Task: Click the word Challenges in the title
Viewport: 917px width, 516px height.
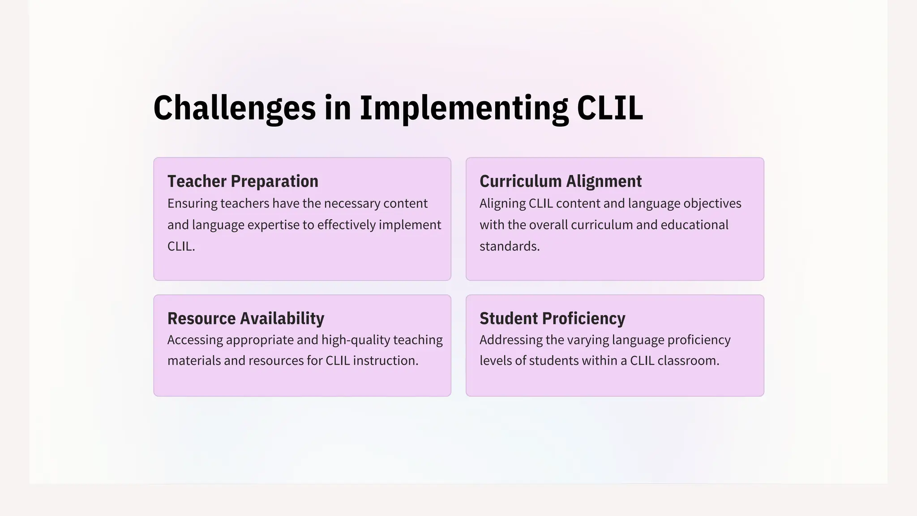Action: pyautogui.click(x=235, y=108)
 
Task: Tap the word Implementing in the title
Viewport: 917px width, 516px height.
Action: pyautogui.click(x=464, y=108)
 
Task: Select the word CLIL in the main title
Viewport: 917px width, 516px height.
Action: pyautogui.click(x=610, y=108)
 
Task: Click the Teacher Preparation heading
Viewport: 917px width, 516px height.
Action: pyautogui.click(x=243, y=181)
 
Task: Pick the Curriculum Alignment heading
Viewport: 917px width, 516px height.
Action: pyautogui.click(x=561, y=181)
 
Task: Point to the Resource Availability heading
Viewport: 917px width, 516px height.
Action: pyautogui.click(x=246, y=318)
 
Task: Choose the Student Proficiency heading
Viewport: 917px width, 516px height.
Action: pyautogui.click(x=553, y=318)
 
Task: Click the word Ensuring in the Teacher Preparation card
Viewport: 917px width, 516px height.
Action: pyautogui.click(x=192, y=204)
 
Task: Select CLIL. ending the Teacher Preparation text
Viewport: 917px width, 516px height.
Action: pyautogui.click(x=181, y=246)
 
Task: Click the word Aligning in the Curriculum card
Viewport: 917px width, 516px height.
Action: pyautogui.click(x=502, y=204)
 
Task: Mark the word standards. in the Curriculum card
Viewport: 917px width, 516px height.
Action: pyautogui.click(x=510, y=246)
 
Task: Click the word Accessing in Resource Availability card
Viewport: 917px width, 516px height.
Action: pyautogui.click(x=195, y=340)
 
